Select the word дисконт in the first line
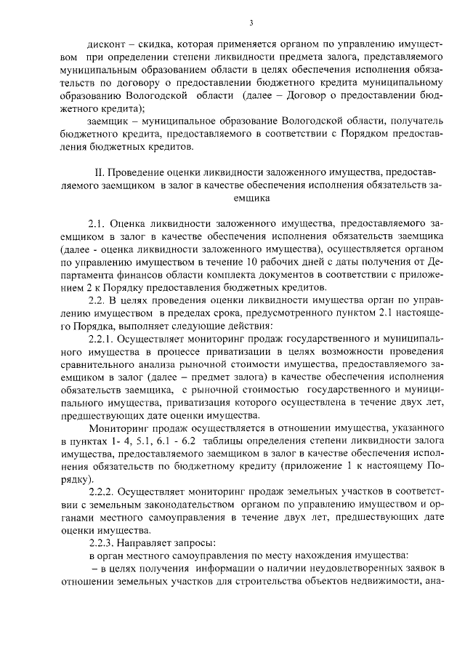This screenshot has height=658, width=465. pos(108,42)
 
